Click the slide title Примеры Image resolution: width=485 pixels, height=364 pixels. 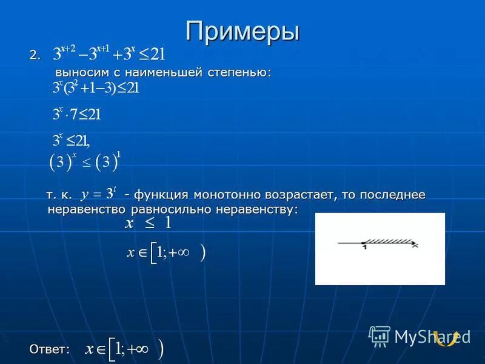click(242, 31)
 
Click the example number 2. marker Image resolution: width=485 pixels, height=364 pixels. click(35, 55)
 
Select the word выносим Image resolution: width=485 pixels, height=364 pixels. click(76, 72)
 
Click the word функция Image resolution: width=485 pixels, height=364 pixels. click(160, 195)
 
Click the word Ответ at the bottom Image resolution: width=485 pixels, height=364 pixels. click(48, 348)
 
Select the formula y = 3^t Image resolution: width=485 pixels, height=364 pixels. click(98, 194)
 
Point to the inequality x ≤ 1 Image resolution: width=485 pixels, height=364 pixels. click(149, 223)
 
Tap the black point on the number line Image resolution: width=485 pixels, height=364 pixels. click(363, 243)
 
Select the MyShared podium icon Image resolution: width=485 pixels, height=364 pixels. click(380, 335)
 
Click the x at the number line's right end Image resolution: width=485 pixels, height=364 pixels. click(414, 245)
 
